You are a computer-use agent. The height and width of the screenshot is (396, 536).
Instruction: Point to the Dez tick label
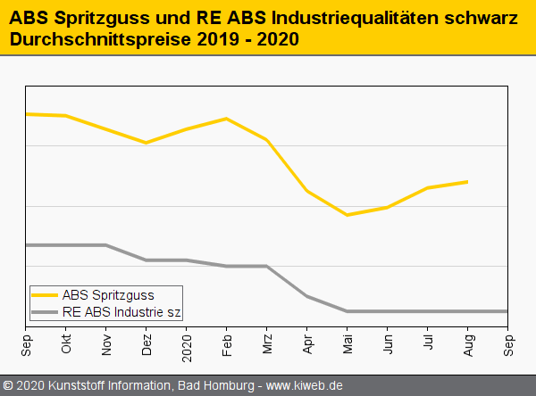(147, 345)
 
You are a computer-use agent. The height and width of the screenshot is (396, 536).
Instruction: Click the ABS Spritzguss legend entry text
(108, 295)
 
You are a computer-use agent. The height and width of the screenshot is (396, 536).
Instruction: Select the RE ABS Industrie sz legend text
(121, 312)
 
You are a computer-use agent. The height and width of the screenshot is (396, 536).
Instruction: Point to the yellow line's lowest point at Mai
(348, 215)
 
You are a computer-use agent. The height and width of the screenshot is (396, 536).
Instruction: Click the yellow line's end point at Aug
(468, 182)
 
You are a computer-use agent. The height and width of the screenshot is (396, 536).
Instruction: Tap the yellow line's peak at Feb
(227, 119)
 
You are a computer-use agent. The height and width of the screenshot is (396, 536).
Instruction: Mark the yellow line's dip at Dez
(147, 143)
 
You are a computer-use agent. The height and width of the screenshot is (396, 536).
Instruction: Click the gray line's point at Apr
(307, 296)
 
